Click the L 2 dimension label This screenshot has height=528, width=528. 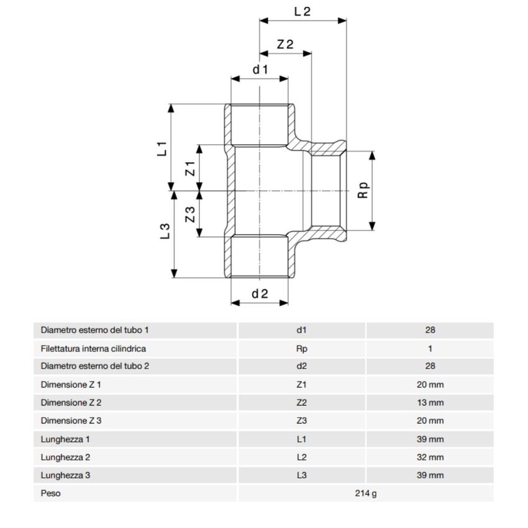click(x=302, y=11)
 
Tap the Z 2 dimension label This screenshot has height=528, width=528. click(x=285, y=45)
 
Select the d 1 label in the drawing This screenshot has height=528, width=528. click(x=260, y=70)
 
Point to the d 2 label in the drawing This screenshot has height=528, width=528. click(x=260, y=294)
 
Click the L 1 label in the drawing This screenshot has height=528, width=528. click(x=162, y=148)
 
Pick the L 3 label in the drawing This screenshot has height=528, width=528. click(x=165, y=232)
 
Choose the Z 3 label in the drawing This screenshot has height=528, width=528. click(x=191, y=214)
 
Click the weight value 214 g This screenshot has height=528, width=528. click(x=365, y=494)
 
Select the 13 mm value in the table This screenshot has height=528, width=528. click(x=430, y=403)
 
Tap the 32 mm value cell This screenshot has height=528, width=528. click(x=430, y=457)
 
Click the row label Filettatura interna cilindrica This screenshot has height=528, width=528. click(x=93, y=348)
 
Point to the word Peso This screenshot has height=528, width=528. click(x=50, y=494)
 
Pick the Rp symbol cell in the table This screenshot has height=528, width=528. click(x=302, y=348)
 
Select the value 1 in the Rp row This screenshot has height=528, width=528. click(x=430, y=348)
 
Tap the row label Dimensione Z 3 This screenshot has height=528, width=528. click(x=71, y=421)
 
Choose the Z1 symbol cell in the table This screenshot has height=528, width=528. click(x=302, y=385)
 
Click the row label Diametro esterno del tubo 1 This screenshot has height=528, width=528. click(x=95, y=330)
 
